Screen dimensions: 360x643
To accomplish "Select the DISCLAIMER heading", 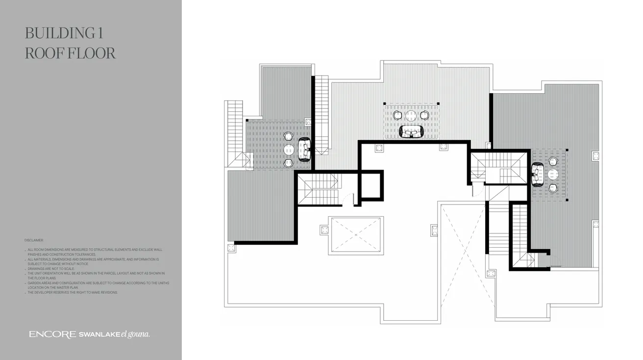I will [34, 240].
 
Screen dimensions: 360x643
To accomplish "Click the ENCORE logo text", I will [52, 334].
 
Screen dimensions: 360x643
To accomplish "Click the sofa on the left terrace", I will [304, 150].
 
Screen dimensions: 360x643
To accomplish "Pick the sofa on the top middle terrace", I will [412, 131].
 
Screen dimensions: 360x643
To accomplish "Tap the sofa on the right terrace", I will [537, 174].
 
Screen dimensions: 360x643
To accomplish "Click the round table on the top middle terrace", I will [411, 116].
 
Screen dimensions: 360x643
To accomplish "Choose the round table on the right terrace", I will [553, 174].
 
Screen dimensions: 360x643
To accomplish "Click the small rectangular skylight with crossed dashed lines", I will [356, 235].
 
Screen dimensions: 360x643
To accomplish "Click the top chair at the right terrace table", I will [553, 161].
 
